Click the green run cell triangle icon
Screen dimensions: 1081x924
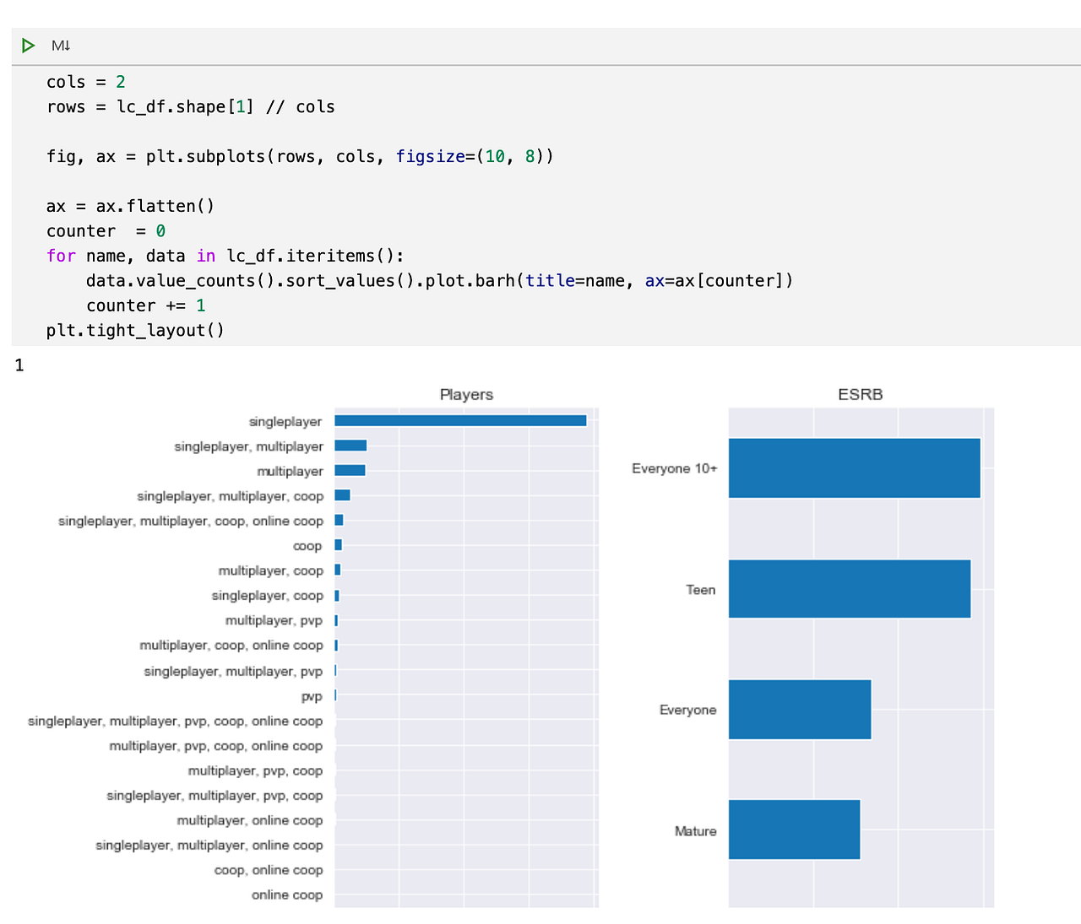coord(29,46)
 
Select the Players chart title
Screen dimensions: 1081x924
coord(466,394)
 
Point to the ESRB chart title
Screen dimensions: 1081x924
coord(860,394)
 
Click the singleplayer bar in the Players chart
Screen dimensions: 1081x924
coord(460,420)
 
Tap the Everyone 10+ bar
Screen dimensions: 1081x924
coord(854,467)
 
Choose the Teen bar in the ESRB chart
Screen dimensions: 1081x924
coord(849,589)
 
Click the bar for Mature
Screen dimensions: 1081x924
coord(794,829)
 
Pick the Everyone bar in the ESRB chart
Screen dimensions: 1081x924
coord(799,710)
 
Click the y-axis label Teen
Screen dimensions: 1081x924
coord(700,590)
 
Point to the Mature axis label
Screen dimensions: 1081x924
coord(695,831)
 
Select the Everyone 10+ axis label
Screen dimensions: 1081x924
coord(674,468)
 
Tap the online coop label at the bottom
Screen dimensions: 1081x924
coord(287,894)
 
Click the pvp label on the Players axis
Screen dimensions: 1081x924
coord(312,696)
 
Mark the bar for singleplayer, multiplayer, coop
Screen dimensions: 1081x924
coord(342,495)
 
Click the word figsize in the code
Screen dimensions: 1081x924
coord(430,156)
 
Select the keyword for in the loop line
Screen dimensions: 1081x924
coord(61,256)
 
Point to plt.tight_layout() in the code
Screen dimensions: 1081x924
coord(135,330)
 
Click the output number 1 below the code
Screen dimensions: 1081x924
coord(19,365)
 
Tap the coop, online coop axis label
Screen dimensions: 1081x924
coord(269,870)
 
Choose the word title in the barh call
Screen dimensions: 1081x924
coord(550,280)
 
